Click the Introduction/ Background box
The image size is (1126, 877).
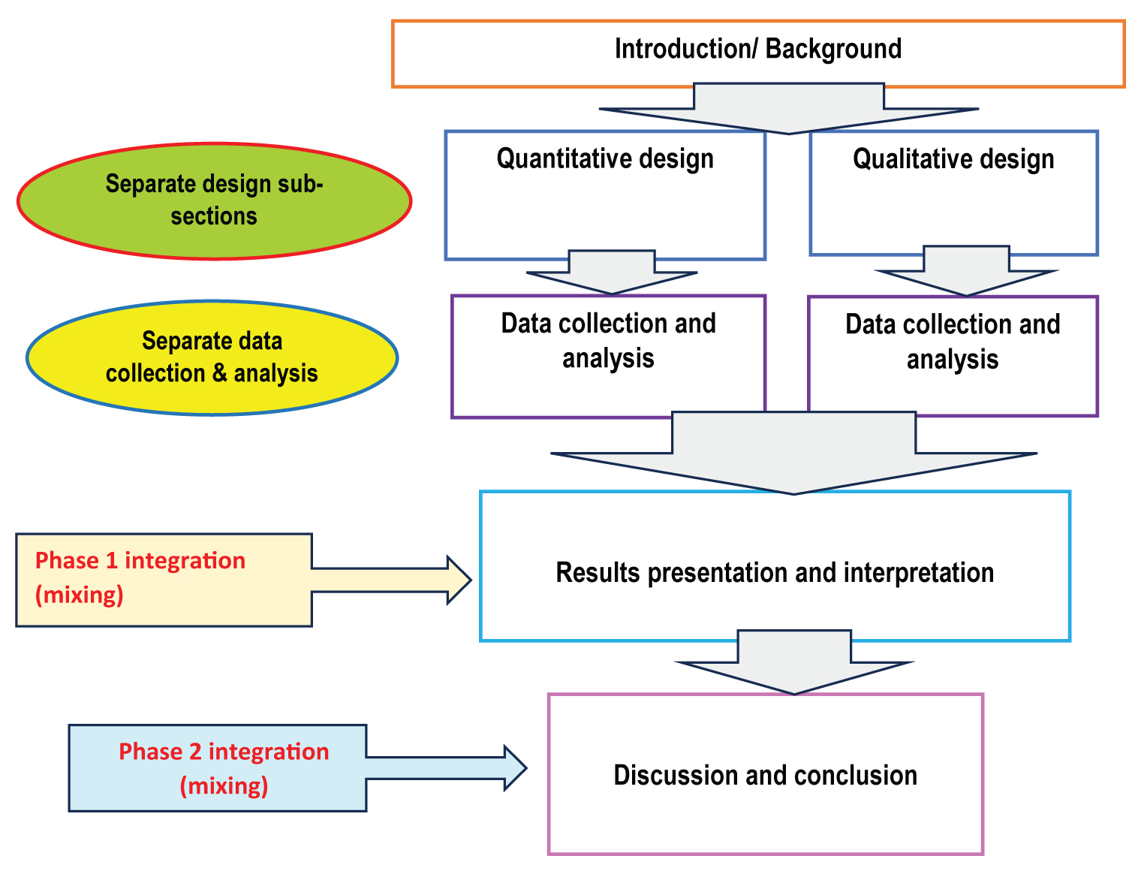[x=758, y=53]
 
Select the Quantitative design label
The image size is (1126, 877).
[x=605, y=159]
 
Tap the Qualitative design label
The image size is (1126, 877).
[x=953, y=159]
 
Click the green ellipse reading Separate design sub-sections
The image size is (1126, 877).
[x=214, y=200]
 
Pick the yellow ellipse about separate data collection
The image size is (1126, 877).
[x=212, y=357]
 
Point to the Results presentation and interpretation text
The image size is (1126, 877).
[x=775, y=573]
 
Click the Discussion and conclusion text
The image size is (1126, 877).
[x=765, y=776]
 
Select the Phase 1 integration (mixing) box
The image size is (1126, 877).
[x=164, y=579]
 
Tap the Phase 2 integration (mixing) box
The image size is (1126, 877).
[x=218, y=768]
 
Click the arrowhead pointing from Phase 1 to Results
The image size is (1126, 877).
[x=459, y=580]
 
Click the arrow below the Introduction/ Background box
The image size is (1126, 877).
[x=788, y=109]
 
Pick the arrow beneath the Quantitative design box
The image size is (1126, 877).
[x=612, y=273]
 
